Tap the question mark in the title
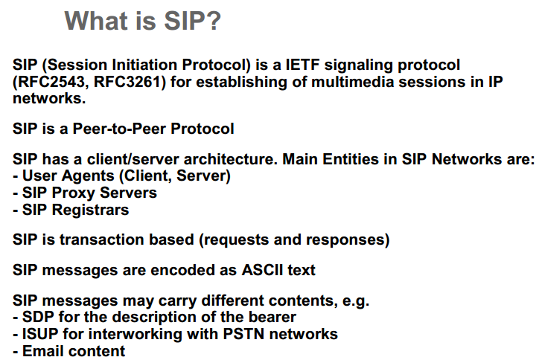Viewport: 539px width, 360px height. pos(213,20)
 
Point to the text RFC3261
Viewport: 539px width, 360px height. pos(128,82)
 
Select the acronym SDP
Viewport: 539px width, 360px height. pos(39,318)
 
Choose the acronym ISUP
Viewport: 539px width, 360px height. pos(42,334)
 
